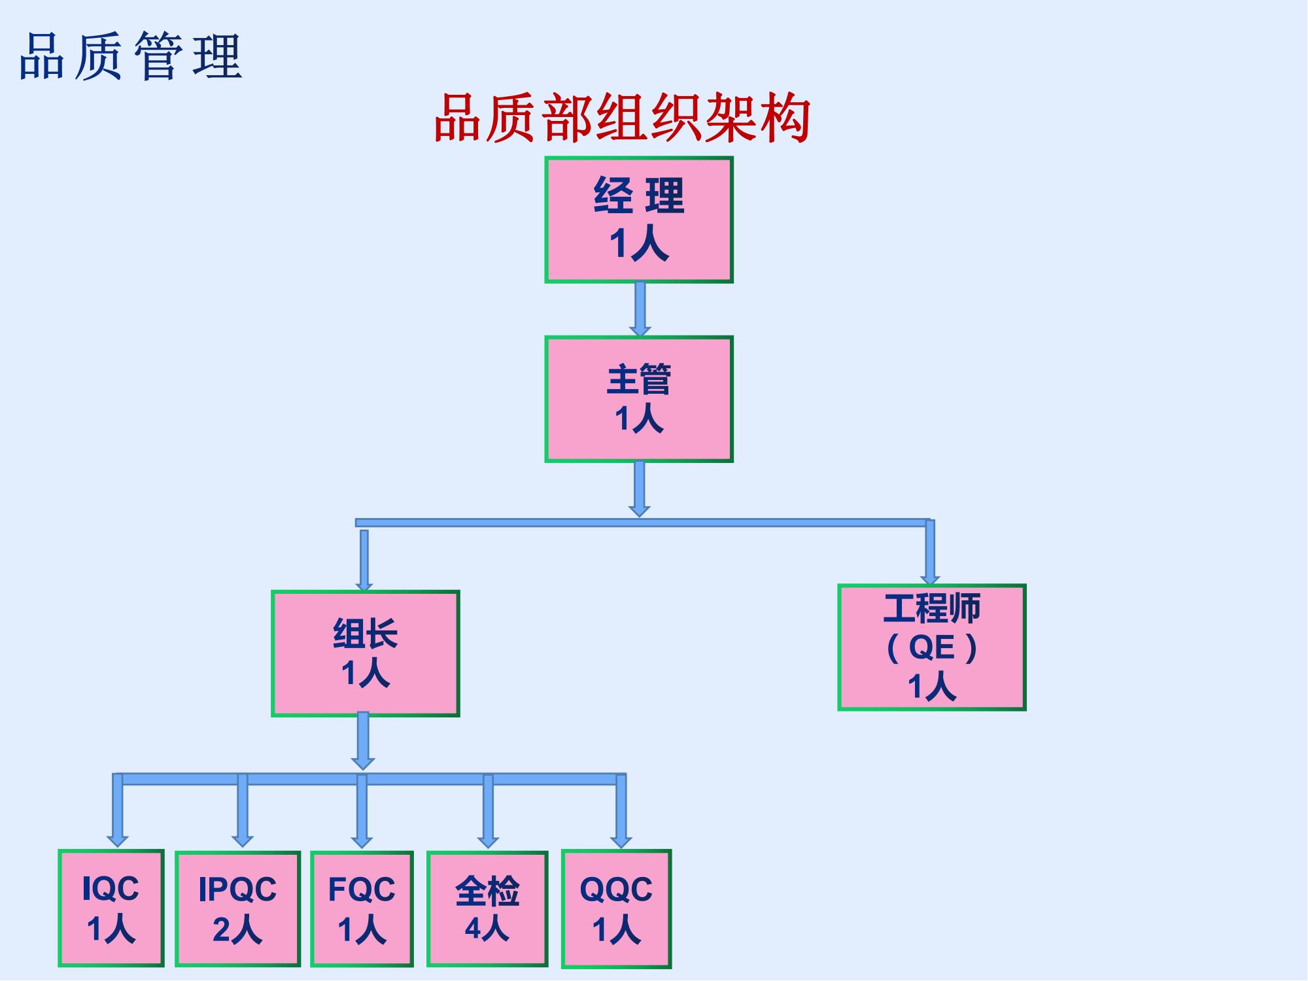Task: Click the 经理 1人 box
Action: (639, 220)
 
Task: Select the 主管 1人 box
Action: (639, 399)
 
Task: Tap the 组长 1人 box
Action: (366, 653)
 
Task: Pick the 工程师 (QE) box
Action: (932, 647)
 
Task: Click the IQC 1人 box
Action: (111, 908)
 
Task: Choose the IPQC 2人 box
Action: (237, 908)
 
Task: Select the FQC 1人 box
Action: (362, 908)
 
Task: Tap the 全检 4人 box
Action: (487, 908)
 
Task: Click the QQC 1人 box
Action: (616, 908)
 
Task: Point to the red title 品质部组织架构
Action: (622, 118)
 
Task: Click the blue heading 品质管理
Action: (131, 56)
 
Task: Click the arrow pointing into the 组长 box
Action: (364, 560)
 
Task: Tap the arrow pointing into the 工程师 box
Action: (930, 553)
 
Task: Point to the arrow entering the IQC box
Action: (118, 811)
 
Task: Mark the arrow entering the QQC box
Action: (621, 811)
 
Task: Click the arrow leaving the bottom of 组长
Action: (363, 741)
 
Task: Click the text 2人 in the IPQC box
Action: (237, 929)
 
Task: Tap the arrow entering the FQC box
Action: (362, 811)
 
